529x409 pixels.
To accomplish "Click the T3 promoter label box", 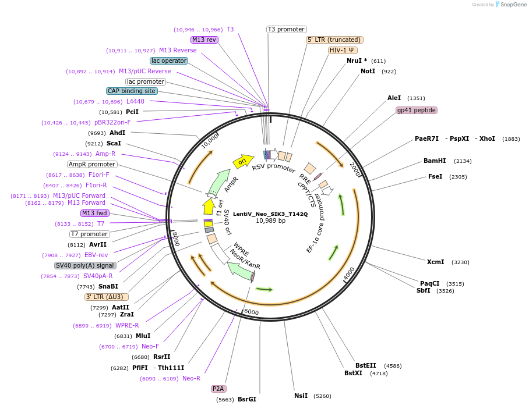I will click(287, 29).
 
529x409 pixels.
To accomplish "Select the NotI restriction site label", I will click(368, 71).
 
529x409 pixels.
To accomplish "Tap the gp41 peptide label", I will click(416, 110).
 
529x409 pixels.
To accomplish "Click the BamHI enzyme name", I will click(435, 161).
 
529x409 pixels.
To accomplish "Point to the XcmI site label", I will click(435, 262).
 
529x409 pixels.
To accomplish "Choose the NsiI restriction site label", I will click(301, 396).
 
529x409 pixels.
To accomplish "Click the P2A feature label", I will click(218, 388).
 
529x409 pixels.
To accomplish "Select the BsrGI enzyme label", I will click(247, 399).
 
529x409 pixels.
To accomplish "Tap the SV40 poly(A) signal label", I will click(86, 265).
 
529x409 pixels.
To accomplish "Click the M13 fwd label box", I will click(95, 213).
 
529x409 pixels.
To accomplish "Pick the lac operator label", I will click(169, 61).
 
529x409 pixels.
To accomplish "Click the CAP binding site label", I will click(132, 91).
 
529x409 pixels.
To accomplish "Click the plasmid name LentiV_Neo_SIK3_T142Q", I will click(270, 214).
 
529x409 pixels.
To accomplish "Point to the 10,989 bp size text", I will click(270, 221).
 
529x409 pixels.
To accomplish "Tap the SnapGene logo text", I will click(512, 5).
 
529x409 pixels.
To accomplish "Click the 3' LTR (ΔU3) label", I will click(107, 297).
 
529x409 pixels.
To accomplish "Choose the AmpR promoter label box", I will click(92, 164).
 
